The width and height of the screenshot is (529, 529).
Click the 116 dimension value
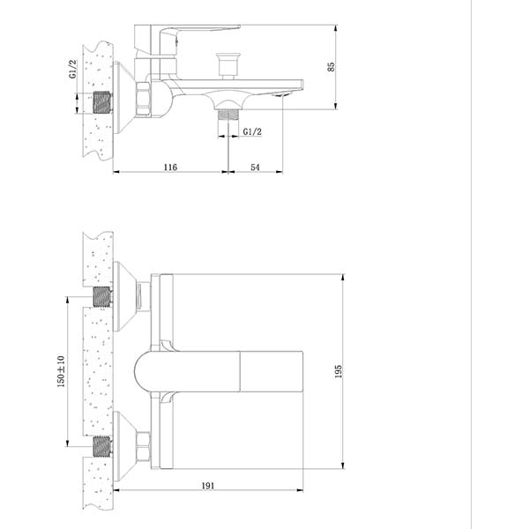(x=170, y=167)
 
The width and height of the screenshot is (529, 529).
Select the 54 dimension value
(x=256, y=168)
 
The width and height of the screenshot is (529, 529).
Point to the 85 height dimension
(x=331, y=66)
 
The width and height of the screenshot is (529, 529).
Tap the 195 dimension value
(x=338, y=371)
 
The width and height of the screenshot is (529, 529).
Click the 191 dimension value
(x=208, y=486)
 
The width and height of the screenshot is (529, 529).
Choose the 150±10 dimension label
(x=61, y=371)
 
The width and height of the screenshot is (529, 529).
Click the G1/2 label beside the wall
(x=73, y=69)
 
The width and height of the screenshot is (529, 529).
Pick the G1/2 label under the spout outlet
(x=252, y=131)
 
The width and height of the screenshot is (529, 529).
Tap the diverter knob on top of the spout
(x=228, y=65)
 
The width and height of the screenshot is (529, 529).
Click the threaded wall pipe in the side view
(x=102, y=102)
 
